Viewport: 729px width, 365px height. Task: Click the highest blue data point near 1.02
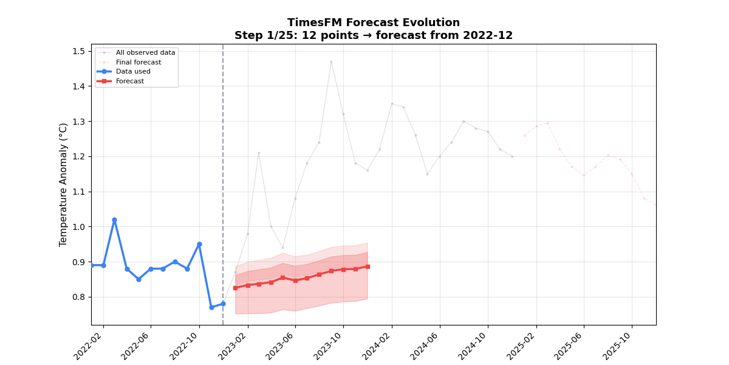point(114,220)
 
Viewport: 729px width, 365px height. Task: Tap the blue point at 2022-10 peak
point(199,244)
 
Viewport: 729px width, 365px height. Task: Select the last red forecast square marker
point(368,266)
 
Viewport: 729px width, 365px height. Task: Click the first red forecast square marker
point(235,288)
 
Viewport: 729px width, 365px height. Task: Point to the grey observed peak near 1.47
point(331,61)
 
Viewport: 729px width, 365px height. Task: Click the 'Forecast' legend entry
point(130,81)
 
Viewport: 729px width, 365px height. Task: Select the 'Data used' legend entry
point(133,71)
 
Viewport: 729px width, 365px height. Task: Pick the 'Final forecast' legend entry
point(139,62)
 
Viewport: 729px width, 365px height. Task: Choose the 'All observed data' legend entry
point(145,52)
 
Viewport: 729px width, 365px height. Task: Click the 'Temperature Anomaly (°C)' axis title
point(64,184)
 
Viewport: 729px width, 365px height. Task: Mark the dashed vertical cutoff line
point(223,182)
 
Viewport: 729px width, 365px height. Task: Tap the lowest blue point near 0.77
point(211,307)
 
